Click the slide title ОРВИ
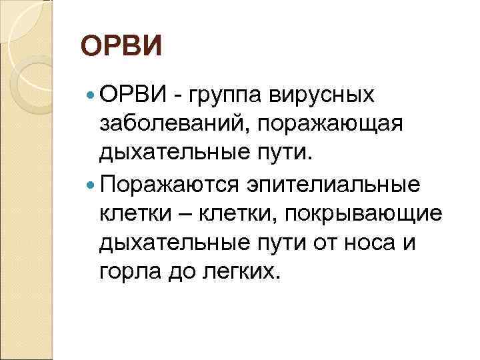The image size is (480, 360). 121,49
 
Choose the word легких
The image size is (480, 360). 239,271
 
